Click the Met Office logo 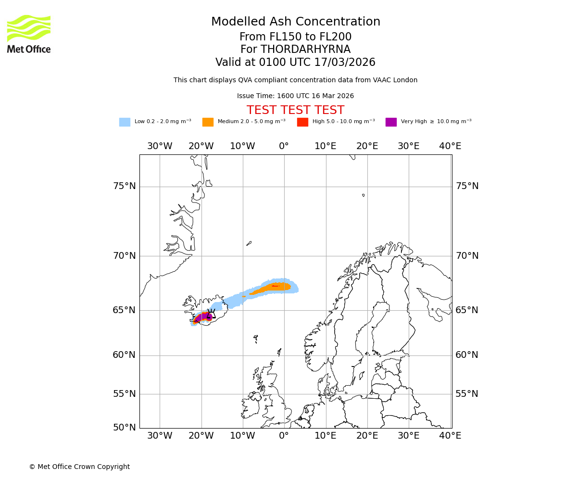pos(29,34)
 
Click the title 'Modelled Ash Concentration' pos(295,22)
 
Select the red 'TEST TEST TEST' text pos(295,110)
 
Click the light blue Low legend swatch pos(125,122)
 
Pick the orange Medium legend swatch pos(208,122)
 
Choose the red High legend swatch pos(302,122)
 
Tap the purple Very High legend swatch pos(391,122)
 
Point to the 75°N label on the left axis pos(124,186)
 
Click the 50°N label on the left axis pos(124,427)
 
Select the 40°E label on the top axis pos(450,146)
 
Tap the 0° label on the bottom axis pos(284,436)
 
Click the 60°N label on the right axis pos(467,355)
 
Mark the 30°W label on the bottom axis pos(160,436)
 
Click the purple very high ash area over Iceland pos(204,316)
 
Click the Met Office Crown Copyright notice pos(79,467)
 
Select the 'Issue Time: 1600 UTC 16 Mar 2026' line pos(295,96)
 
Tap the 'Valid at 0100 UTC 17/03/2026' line pos(295,62)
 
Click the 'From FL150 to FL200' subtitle pos(295,37)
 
